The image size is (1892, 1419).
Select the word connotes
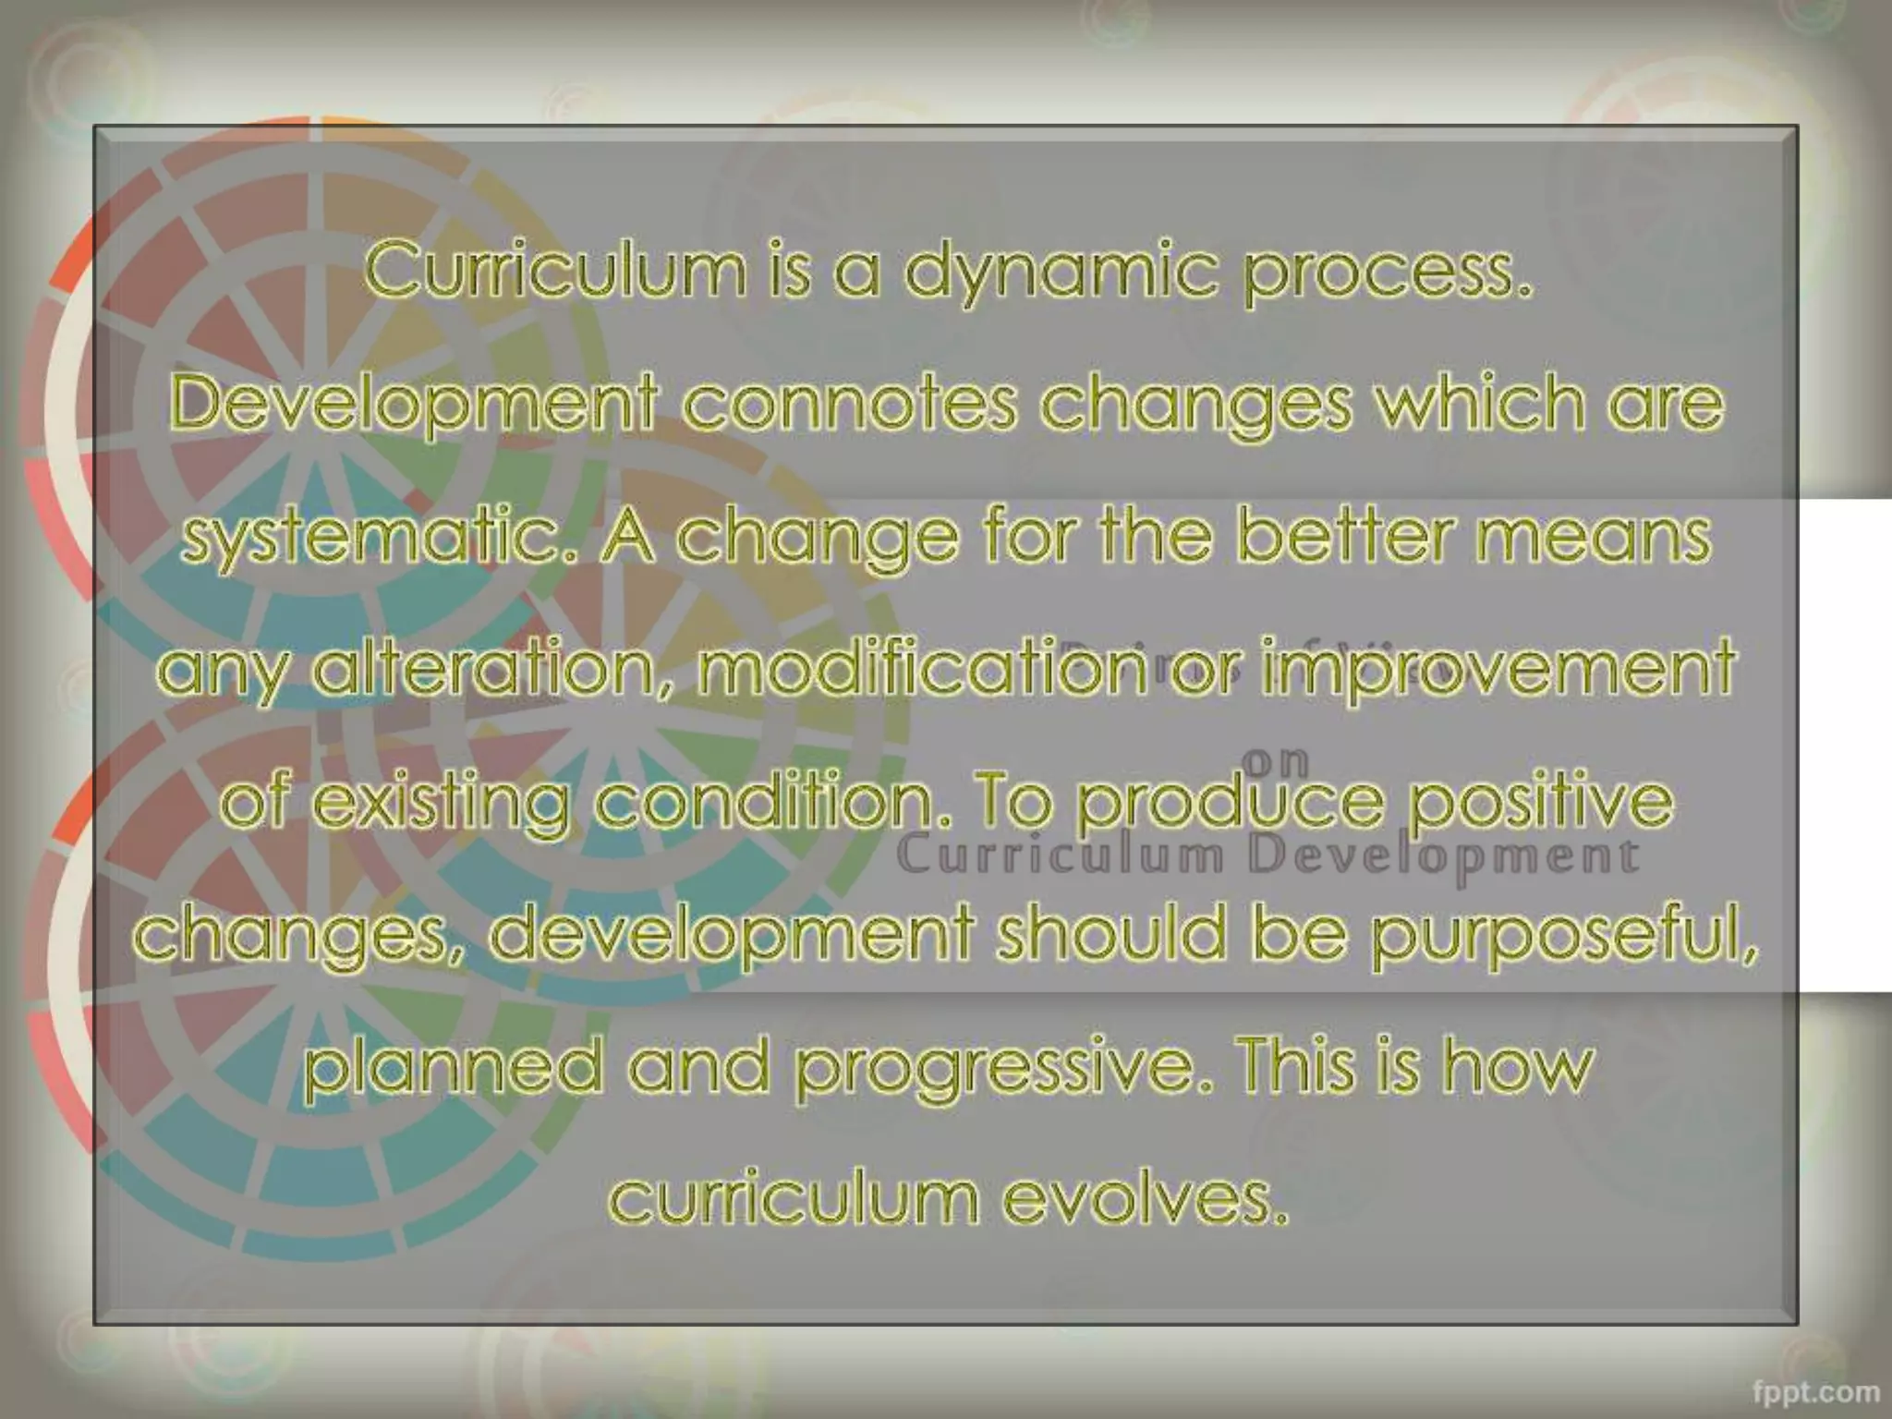(850, 404)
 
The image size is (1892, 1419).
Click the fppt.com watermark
(1815, 1390)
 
